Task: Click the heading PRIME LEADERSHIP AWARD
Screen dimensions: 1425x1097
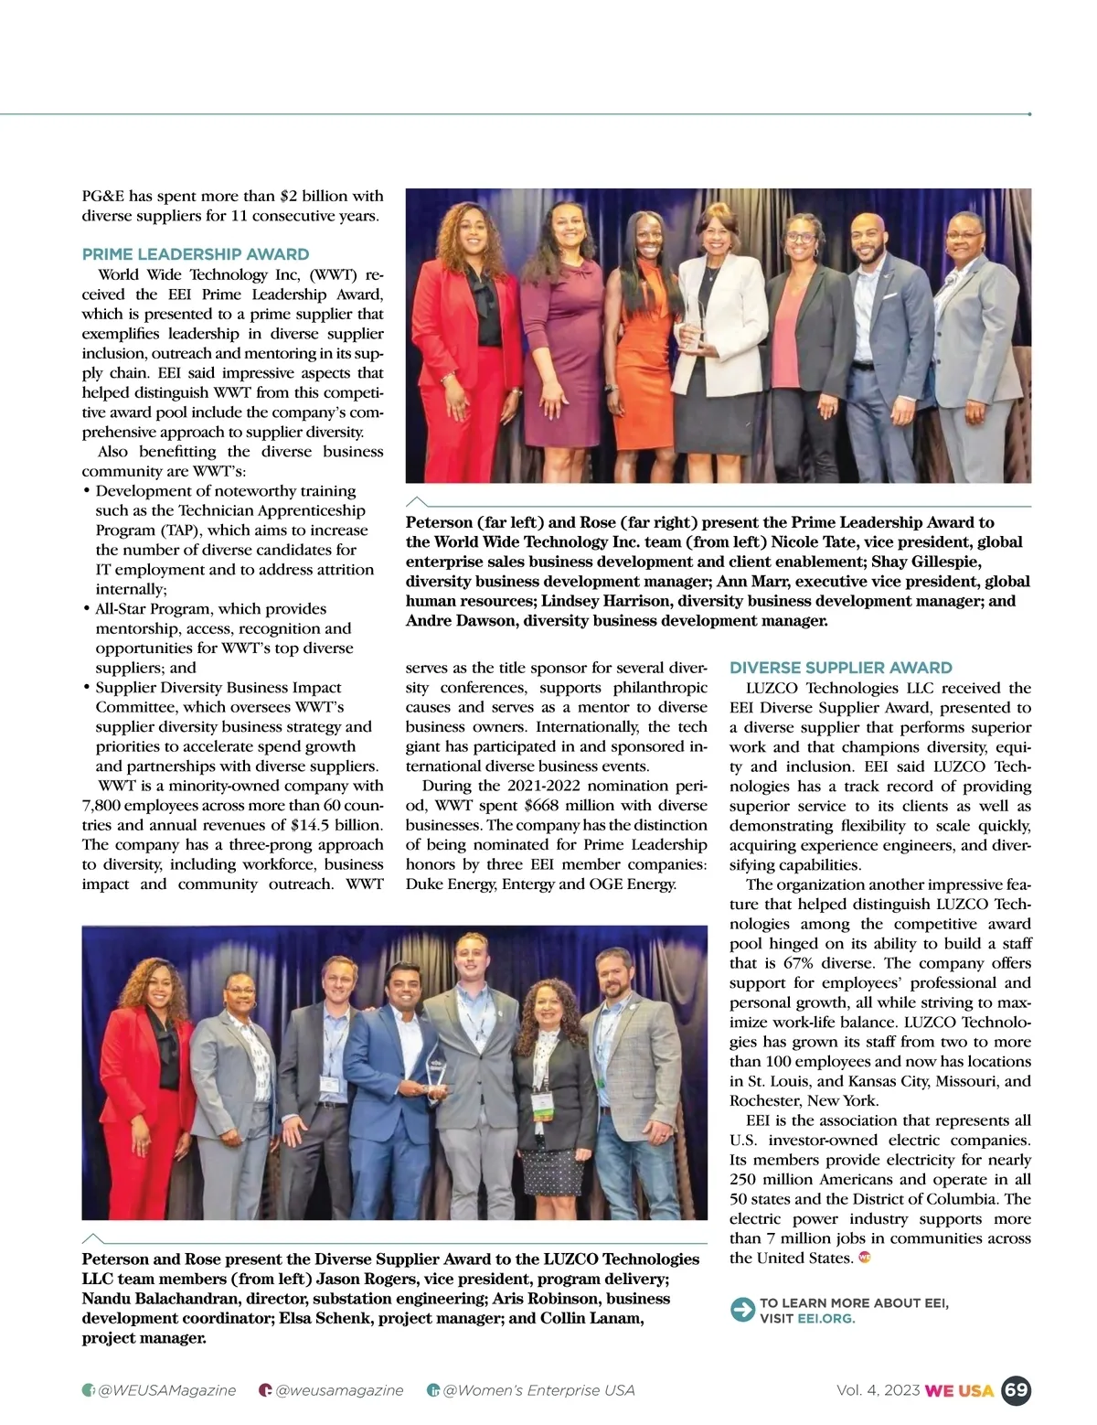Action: point(196,254)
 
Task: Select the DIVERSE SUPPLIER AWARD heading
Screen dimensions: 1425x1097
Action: point(841,668)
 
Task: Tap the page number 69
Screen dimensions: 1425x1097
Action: point(1016,1390)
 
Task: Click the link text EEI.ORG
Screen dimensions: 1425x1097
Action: point(825,1318)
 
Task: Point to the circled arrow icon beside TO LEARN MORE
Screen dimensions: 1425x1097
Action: point(741,1310)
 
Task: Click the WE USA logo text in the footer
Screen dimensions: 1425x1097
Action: point(959,1390)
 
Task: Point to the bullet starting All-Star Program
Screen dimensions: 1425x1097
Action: point(210,609)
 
